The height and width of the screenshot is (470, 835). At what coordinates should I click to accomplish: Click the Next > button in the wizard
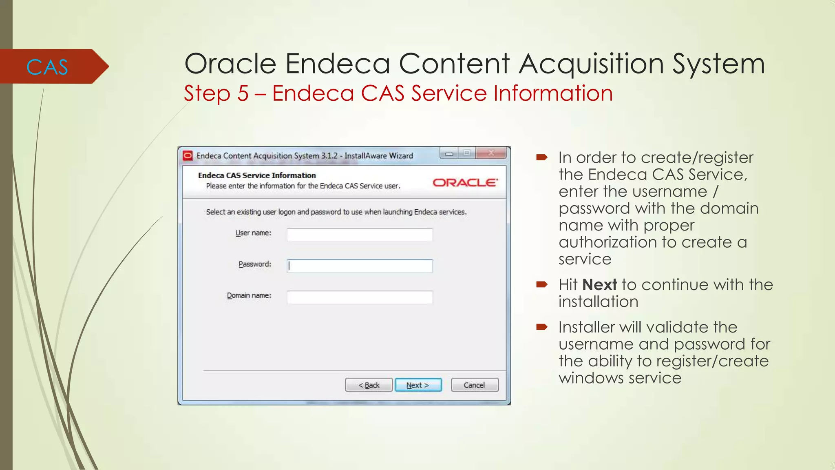pos(418,385)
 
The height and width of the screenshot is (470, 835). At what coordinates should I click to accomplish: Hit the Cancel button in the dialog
pos(475,385)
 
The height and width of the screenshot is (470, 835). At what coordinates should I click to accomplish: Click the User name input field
pos(360,235)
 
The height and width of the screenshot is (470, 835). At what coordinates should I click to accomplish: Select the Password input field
pos(360,266)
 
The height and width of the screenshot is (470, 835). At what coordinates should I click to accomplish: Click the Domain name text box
pos(360,297)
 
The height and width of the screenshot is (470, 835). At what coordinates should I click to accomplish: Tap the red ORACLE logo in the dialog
pos(465,182)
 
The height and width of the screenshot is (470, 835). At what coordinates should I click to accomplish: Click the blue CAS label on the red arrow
pos(47,67)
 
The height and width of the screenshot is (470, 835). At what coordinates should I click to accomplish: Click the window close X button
pos(491,153)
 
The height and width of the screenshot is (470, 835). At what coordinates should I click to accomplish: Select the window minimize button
pos(449,153)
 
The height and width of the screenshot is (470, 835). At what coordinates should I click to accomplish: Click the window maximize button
pos(467,153)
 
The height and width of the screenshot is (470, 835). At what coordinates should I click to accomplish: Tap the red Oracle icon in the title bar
pos(188,156)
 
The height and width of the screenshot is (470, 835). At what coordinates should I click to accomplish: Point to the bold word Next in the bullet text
pos(599,285)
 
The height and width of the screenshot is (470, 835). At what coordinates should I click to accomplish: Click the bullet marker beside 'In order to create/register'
pos(542,157)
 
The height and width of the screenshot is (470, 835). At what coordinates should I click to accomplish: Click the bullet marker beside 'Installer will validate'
pos(542,326)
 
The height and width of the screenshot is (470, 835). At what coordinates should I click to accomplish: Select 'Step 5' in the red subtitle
pos(216,93)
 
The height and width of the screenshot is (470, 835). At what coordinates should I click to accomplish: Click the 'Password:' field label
pos(255,264)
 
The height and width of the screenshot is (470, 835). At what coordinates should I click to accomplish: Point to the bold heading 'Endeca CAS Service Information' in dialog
pos(257,175)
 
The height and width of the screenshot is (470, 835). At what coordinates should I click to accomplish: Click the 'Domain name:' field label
pos(249,295)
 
